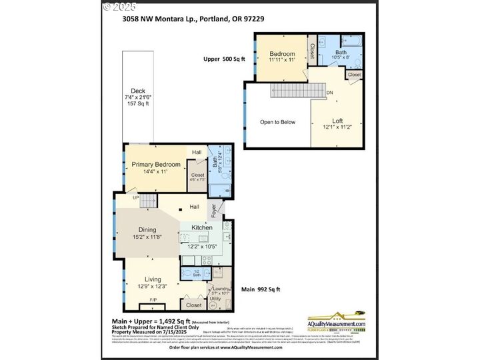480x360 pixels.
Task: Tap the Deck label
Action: [137, 91]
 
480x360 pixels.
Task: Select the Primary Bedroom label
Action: [155, 164]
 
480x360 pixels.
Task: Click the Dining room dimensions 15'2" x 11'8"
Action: [147, 237]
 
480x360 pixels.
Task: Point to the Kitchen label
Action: [202, 228]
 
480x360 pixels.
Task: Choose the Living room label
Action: [153, 279]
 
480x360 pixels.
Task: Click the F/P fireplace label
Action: [153, 300]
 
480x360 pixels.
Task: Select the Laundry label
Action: [221, 288]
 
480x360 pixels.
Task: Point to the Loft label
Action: [337, 121]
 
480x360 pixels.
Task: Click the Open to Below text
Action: [278, 122]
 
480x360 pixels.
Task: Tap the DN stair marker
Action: [329, 93]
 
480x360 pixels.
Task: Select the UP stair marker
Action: [136, 198]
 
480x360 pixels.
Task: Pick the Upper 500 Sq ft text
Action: [224, 59]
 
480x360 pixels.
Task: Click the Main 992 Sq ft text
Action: [261, 289]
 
